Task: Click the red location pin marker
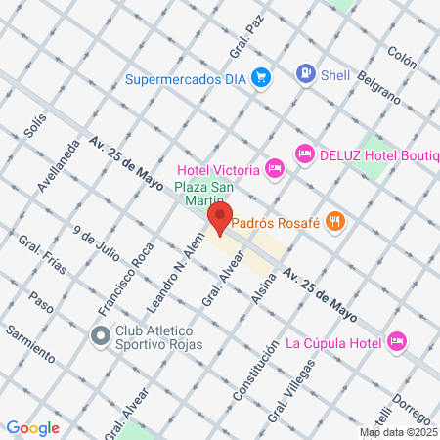[220, 218]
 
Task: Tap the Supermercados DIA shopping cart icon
[261, 76]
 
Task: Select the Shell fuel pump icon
[307, 72]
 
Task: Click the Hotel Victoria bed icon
[276, 168]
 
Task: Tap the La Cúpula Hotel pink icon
[397, 341]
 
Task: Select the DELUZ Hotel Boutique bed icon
[305, 153]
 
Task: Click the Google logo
[32, 427]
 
